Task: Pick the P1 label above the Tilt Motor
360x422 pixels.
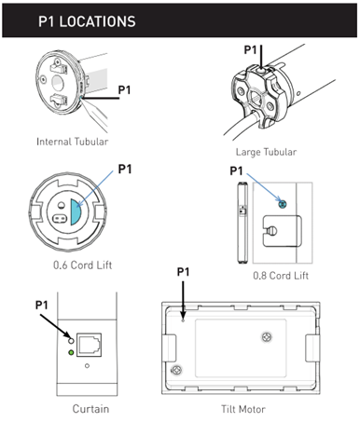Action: [184, 271]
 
